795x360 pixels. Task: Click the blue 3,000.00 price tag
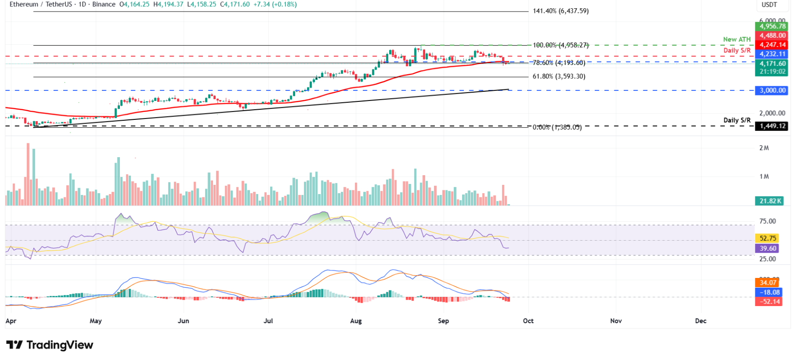772,90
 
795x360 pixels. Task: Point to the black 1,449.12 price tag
772,126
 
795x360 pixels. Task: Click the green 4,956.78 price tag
772,26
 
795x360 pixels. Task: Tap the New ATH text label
736,40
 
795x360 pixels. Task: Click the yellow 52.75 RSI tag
768,238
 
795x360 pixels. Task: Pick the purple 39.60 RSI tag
768,248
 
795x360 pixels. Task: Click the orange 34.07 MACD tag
768,283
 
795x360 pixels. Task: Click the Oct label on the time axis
528,321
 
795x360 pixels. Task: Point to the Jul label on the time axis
268,321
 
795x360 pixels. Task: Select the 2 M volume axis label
764,148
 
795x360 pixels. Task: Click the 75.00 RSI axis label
767,221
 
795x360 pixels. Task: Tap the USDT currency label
769,5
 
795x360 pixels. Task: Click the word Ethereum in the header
24,4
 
